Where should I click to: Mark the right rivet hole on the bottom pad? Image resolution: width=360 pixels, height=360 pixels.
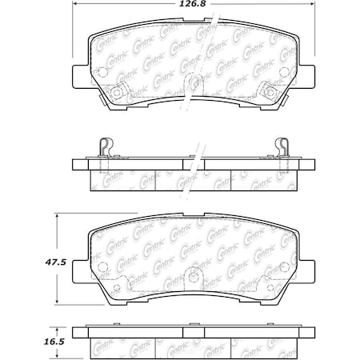(262, 284)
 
